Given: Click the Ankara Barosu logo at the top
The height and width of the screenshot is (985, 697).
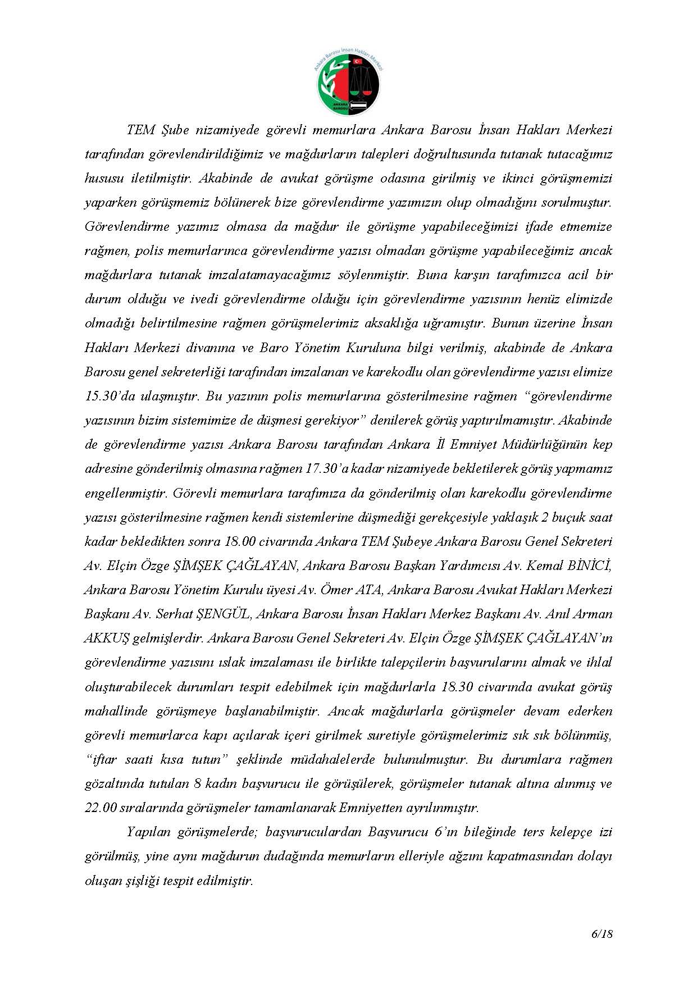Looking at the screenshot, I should coord(348,83).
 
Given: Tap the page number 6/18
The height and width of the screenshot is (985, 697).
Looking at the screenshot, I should coord(602,934).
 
